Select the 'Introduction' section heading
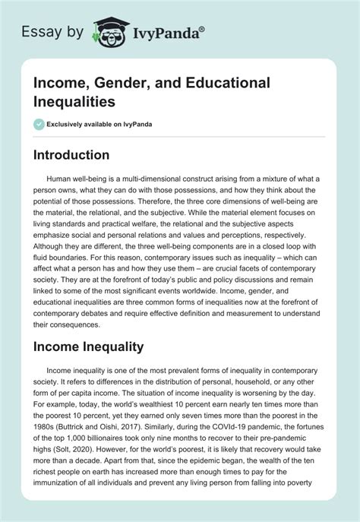click(x=81, y=155)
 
